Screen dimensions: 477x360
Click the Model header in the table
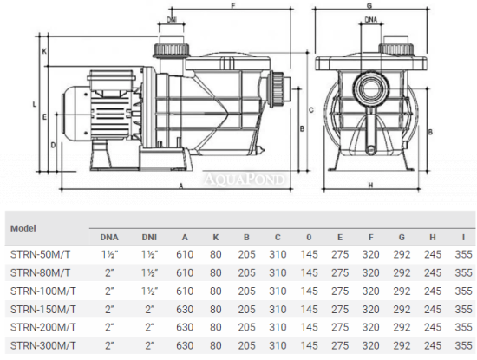point(23,228)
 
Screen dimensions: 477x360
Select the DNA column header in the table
point(109,238)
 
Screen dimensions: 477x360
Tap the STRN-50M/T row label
point(40,254)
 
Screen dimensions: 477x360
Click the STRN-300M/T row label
point(42,345)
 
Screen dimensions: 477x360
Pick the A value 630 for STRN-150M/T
point(185,309)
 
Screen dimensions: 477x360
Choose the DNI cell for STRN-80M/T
point(150,272)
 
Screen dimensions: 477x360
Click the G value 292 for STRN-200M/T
point(402,327)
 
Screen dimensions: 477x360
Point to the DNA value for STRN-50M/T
point(109,254)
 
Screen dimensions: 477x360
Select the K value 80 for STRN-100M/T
point(215,291)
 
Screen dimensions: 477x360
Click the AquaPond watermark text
point(245,180)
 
